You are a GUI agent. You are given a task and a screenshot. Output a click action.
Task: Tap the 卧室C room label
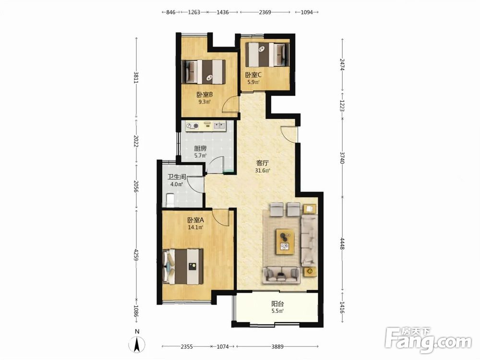pos(253,75)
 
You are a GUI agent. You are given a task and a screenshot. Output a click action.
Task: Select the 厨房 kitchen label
pos(200,148)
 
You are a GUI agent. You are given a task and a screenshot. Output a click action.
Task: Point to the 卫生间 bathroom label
pos(177,177)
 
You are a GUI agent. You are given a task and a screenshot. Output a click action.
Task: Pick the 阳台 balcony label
pos(277,304)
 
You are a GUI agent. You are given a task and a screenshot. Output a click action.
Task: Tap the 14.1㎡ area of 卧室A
pos(196,227)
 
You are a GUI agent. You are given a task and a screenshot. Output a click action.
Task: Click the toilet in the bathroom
pos(169,200)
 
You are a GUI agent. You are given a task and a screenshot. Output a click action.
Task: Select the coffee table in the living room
pos(285,241)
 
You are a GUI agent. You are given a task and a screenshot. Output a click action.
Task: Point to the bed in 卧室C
pos(268,55)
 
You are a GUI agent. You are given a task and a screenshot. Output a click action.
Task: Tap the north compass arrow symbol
pos(137,344)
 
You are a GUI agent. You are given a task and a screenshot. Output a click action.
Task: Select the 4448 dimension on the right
pos(342,242)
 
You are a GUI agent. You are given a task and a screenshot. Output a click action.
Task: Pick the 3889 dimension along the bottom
pos(277,347)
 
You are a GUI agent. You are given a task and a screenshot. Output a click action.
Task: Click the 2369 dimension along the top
pos(265,12)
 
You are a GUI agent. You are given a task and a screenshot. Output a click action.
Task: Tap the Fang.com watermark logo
pos(428,339)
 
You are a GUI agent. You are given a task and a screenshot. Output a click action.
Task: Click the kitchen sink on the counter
pos(219,125)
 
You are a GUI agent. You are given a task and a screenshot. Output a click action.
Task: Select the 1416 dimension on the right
pos(342,307)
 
